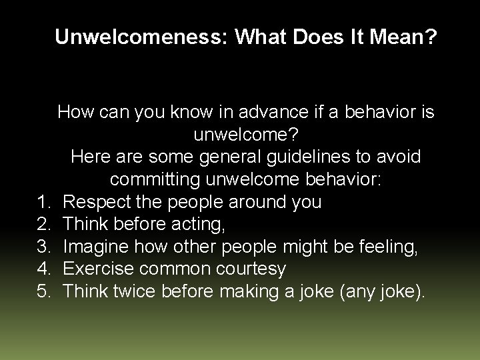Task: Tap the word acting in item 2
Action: pos(199,225)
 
